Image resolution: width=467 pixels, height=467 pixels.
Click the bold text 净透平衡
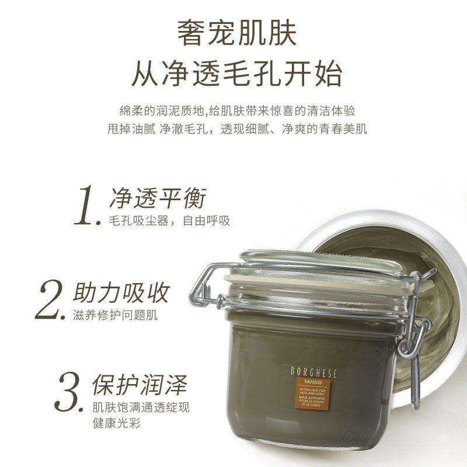[x=158, y=198]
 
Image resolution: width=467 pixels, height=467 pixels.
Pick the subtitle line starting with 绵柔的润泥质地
[x=233, y=110]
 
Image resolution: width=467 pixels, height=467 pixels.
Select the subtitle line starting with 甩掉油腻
[x=233, y=129]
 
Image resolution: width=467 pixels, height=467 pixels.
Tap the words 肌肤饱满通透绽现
[x=141, y=407]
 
